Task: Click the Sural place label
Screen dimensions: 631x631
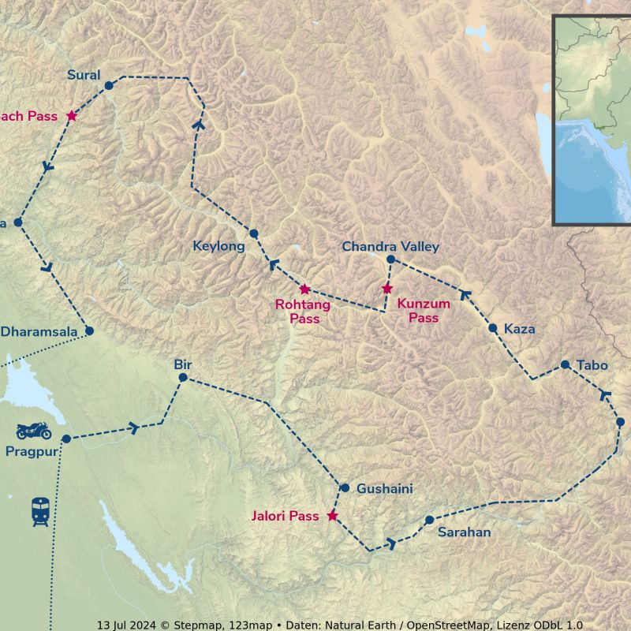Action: pyautogui.click(x=84, y=76)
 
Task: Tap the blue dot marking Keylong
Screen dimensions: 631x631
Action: pyautogui.click(x=254, y=233)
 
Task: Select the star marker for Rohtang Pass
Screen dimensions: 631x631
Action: pyautogui.click(x=304, y=289)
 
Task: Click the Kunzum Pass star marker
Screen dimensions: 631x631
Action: pyautogui.click(x=386, y=289)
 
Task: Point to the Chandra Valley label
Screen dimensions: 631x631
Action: pyautogui.click(x=390, y=247)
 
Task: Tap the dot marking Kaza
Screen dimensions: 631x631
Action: pyautogui.click(x=493, y=328)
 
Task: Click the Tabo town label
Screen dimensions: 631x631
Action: pyautogui.click(x=592, y=365)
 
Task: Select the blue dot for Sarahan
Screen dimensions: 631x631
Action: pyautogui.click(x=429, y=520)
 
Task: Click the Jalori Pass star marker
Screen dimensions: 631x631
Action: pyautogui.click(x=332, y=516)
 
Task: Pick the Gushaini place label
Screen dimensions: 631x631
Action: pyautogui.click(x=384, y=489)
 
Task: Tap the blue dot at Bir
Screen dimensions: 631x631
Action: pyautogui.click(x=183, y=378)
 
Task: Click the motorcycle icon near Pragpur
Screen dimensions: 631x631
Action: pyautogui.click(x=34, y=431)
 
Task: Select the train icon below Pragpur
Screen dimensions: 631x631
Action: pyautogui.click(x=40, y=512)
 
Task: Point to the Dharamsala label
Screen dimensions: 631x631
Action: pyautogui.click(x=39, y=332)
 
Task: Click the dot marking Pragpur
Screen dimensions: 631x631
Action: pyautogui.click(x=66, y=439)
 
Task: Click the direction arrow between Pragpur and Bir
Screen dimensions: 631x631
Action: pyautogui.click(x=133, y=428)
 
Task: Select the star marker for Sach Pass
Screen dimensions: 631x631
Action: pyautogui.click(x=72, y=116)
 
